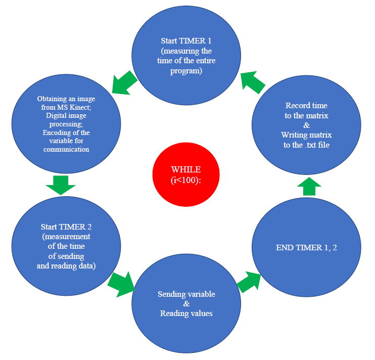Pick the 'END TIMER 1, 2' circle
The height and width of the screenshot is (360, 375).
[x=306, y=247]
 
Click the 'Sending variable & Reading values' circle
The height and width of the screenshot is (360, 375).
[x=186, y=304]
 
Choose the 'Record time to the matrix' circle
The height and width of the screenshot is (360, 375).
[x=306, y=127]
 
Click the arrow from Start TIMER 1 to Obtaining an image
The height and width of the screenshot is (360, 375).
[x=124, y=82]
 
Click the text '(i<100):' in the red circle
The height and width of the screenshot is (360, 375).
[x=180, y=179]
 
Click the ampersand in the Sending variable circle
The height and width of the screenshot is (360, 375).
[x=186, y=304]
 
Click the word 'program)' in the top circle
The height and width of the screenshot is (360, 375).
[x=186, y=71]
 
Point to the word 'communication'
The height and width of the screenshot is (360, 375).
[x=66, y=149]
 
